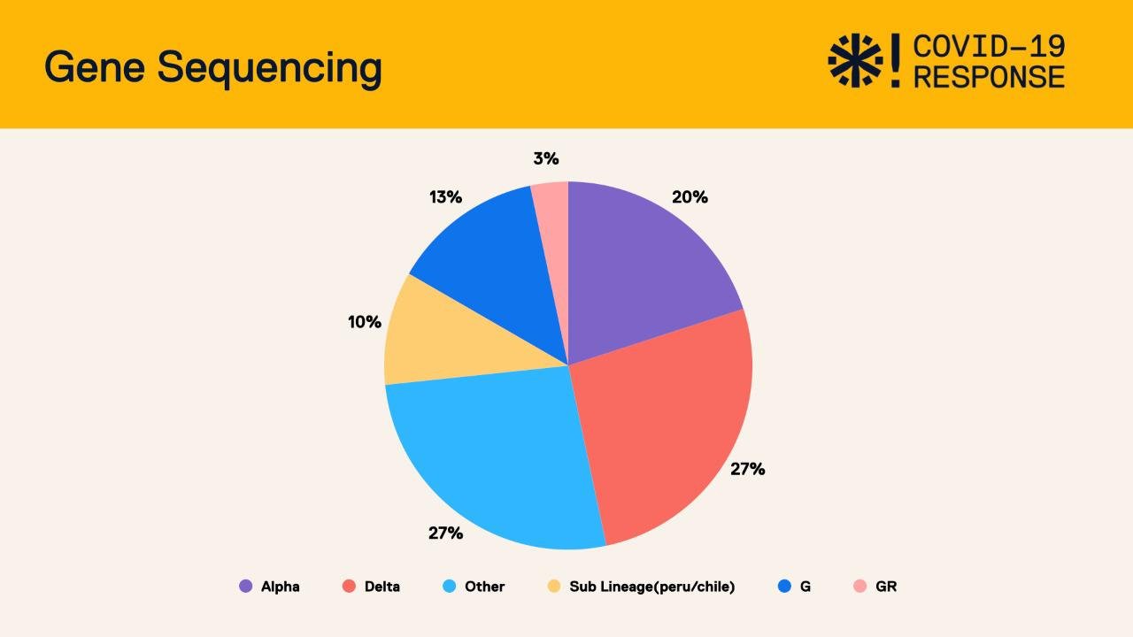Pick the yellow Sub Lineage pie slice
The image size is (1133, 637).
pos(434,336)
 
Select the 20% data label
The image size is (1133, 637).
pos(690,197)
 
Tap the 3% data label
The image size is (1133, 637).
pos(546,158)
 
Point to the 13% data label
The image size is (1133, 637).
pos(445,197)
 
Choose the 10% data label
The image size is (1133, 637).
pos(364,322)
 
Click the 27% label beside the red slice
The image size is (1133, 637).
pos(747,469)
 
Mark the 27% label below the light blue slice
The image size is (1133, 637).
pos(445,533)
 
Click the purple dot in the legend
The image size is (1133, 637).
pos(246,586)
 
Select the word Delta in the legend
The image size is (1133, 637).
pos(382,587)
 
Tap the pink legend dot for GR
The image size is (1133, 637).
pos(859,586)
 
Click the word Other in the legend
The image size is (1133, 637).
pos(484,587)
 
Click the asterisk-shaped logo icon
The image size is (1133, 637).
pos(855,61)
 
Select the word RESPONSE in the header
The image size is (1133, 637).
pos(989,77)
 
